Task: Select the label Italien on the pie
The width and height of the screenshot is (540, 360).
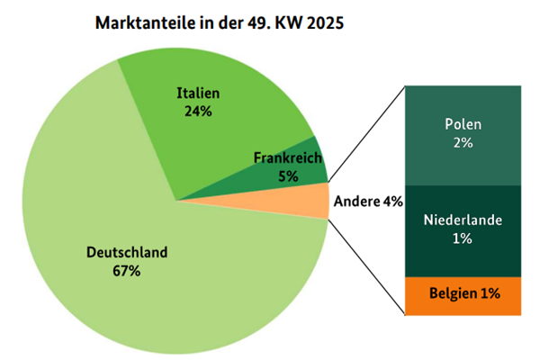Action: [198, 94]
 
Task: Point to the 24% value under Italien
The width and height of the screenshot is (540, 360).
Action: [198, 112]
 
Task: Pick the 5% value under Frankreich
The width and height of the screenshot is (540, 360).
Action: [288, 176]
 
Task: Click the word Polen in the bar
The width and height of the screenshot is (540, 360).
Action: [463, 124]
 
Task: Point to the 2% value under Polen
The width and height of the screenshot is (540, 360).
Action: [463, 143]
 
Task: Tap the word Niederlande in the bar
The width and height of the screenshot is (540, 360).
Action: [463, 220]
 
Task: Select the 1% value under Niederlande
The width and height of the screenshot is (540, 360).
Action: [463, 238]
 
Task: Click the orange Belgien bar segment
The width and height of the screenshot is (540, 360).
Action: [463, 294]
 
